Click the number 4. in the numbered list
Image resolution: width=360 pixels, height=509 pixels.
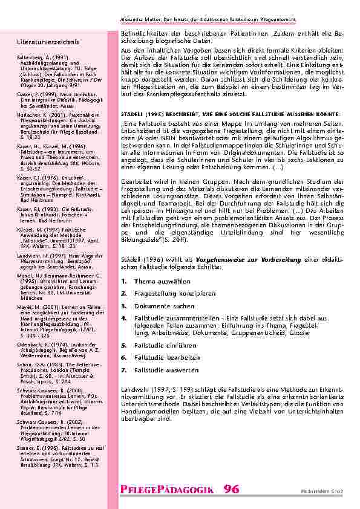pos(123,317)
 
